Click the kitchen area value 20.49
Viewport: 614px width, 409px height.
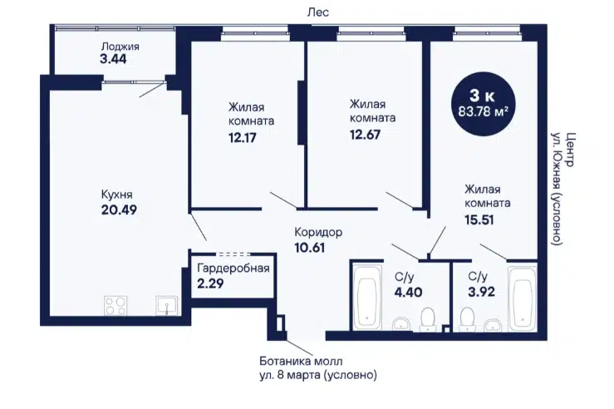119,210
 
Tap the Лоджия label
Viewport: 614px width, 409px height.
120,47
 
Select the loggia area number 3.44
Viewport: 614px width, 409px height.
114,59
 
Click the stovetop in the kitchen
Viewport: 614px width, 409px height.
116,305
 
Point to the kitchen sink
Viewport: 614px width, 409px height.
167,305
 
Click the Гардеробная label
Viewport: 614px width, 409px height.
233,269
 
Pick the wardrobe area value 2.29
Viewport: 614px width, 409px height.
210,283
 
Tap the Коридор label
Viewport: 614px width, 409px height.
318,232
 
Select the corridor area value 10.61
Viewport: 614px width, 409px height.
310,248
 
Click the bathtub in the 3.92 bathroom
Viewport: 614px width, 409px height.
523,297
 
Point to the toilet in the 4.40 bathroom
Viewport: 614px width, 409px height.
428,320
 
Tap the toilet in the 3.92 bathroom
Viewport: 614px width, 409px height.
467,320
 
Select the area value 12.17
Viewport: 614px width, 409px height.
243,138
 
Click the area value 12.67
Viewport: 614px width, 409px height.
365,135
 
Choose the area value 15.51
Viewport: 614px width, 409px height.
479,219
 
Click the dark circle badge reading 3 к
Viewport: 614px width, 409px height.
484,104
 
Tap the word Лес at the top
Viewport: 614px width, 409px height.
318,12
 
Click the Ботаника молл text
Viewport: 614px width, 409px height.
301,361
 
